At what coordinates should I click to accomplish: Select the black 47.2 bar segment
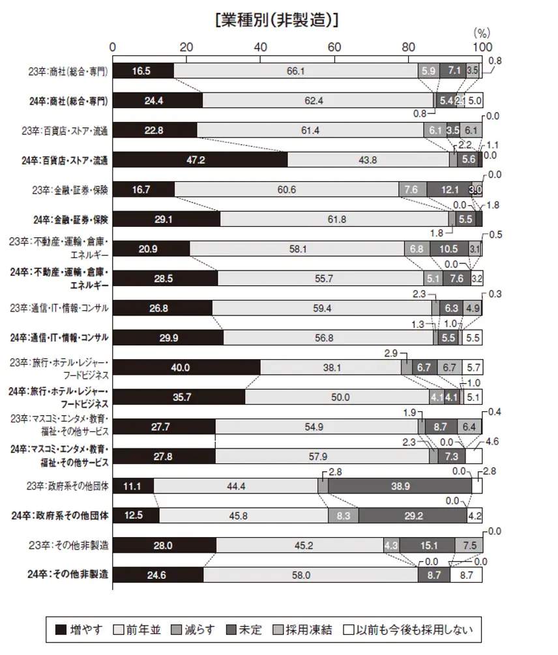click(x=200, y=160)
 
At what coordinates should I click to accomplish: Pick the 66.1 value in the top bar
click(x=296, y=70)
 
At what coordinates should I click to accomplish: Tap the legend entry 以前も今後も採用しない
click(x=410, y=630)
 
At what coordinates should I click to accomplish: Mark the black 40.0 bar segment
click(x=186, y=368)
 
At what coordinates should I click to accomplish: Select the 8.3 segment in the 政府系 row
click(x=344, y=516)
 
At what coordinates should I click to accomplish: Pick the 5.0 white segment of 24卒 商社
click(x=474, y=100)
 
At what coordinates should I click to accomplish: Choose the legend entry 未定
click(x=244, y=630)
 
